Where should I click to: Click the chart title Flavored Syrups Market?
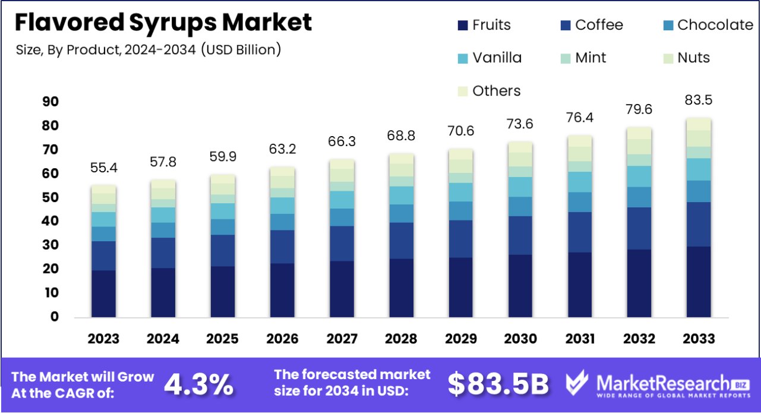(163, 23)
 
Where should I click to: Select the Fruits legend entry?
(484, 25)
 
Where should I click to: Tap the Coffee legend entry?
(592, 25)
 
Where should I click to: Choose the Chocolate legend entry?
(707, 25)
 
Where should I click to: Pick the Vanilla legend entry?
(490, 58)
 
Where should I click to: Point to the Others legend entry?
(489, 91)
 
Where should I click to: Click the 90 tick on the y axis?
(50, 102)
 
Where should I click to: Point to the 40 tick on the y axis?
(50, 221)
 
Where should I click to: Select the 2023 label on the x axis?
(103, 339)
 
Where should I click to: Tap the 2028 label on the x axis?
(401, 339)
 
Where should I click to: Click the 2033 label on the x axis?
(699, 339)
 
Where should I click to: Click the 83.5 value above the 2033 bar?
(699, 100)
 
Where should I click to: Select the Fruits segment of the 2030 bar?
(520, 285)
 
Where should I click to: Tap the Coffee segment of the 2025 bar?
(222, 250)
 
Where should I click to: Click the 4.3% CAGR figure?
(198, 384)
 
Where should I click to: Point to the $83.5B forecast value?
(498, 384)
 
